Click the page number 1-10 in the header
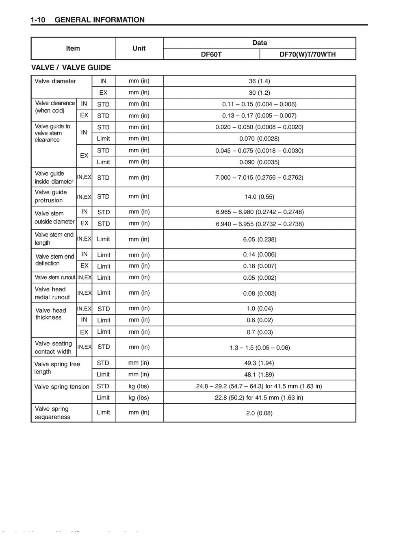click(37, 20)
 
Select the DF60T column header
click(211, 54)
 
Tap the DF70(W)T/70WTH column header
click(308, 54)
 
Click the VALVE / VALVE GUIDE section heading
click(71, 67)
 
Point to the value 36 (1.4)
click(259, 81)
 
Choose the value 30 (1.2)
click(259, 92)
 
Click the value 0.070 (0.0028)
click(259, 139)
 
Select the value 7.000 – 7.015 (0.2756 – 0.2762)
click(259, 177)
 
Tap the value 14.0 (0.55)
click(259, 197)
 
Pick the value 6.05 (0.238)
click(260, 239)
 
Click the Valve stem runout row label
click(55, 278)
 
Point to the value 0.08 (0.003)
click(260, 293)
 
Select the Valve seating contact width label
click(53, 348)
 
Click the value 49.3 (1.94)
click(259, 363)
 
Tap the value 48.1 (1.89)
click(259, 374)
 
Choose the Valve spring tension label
click(62, 387)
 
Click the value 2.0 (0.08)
click(259, 413)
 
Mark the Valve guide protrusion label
click(51, 196)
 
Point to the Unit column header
click(139, 48)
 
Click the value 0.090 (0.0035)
click(259, 162)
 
